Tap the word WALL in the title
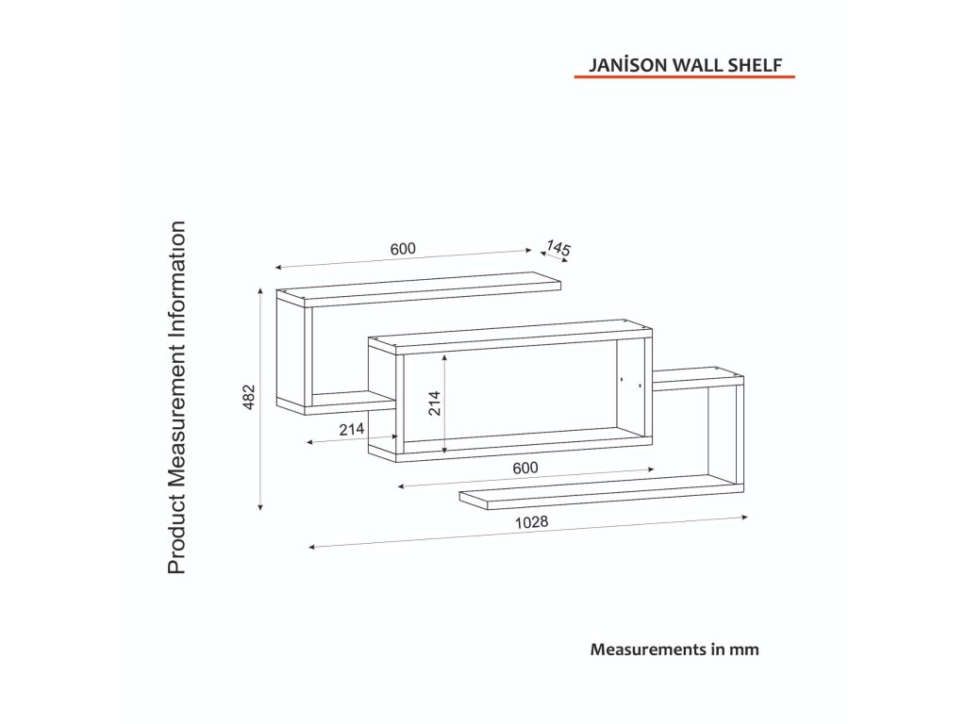coord(694,67)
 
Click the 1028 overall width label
coord(532,521)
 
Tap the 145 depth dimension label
coord(558,249)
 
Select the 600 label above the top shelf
coord(403,249)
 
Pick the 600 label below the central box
coord(525,468)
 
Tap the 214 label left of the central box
coord(352,429)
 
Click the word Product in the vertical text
coord(176,537)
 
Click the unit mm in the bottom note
coord(746,649)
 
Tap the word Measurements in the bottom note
coord(649,649)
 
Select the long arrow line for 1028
coord(528,532)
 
